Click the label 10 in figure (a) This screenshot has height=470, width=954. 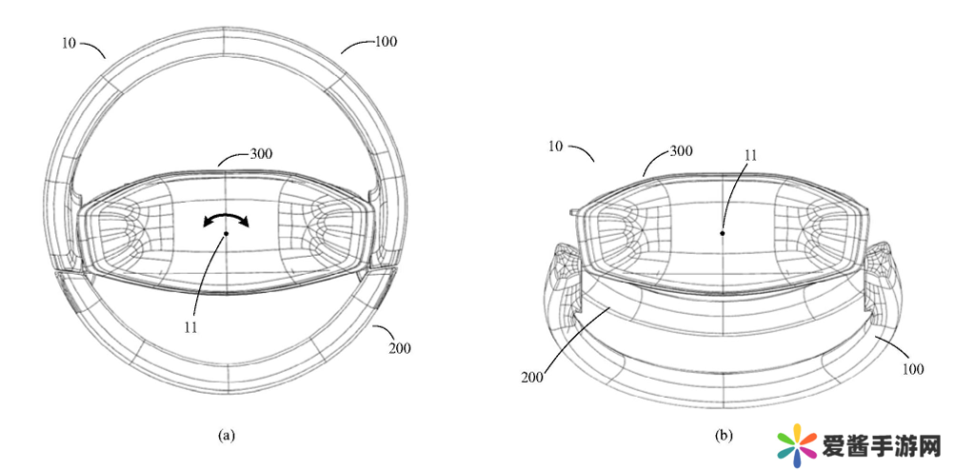[69, 43]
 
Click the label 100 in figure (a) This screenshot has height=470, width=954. [387, 41]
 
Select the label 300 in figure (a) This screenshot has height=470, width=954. [261, 154]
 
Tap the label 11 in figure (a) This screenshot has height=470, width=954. [191, 327]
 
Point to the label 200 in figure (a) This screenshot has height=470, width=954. [400, 348]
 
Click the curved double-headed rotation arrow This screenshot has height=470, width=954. [227, 220]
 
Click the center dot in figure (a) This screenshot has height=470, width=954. [227, 233]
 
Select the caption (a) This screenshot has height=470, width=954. [227, 435]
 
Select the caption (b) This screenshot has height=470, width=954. [725, 436]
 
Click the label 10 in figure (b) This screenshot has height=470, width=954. [555, 147]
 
